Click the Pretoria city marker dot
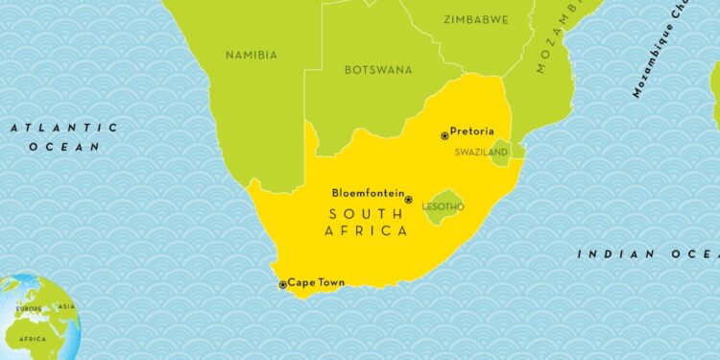point(444,136)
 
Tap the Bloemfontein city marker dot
point(408,200)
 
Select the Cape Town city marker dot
point(282,284)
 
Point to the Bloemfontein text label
point(368,192)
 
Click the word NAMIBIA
point(251,56)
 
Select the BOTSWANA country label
point(378,70)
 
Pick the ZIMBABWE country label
point(475,19)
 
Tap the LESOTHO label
point(444,206)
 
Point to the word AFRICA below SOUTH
point(368,231)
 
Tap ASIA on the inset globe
point(66,307)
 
